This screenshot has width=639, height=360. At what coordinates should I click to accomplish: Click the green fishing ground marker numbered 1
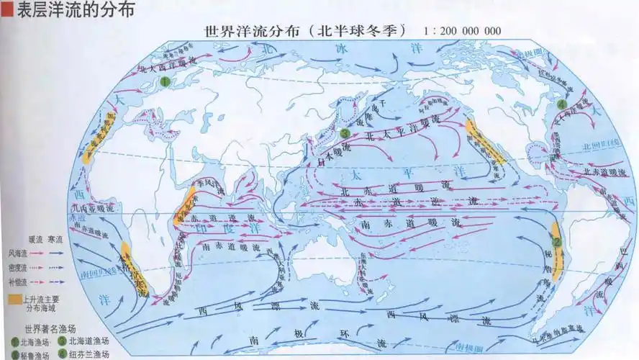[164, 82]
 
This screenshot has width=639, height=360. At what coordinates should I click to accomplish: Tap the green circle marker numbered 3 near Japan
[345, 134]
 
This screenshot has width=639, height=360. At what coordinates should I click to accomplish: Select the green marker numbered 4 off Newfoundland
[562, 104]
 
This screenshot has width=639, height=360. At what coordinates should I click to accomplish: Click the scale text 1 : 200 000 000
[463, 31]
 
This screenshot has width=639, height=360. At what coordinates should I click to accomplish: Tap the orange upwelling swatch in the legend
[14, 297]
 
